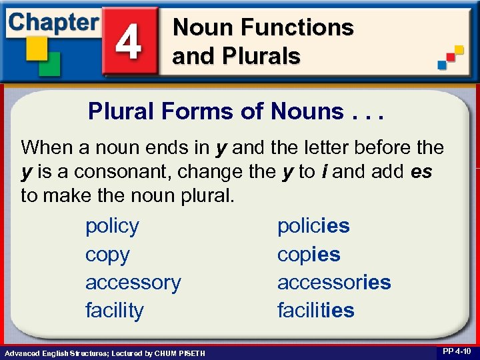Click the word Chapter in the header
click(53, 21)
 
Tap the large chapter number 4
click(129, 42)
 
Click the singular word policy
click(112, 226)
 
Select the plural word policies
click(313, 226)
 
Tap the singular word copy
click(107, 255)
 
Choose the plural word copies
click(308, 255)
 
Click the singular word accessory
click(133, 283)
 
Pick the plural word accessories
click(333, 283)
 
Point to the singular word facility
click(114, 311)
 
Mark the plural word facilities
click(315, 311)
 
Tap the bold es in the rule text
click(421, 172)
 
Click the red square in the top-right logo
click(451, 57)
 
